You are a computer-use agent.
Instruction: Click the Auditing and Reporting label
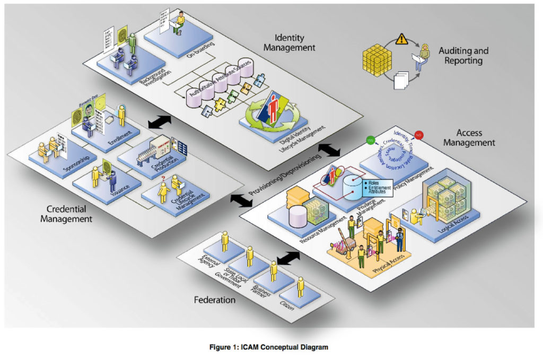(463, 56)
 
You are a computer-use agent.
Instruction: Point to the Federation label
(215, 300)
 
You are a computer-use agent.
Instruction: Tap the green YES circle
(370, 141)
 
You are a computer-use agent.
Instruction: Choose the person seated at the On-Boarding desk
(180, 21)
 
